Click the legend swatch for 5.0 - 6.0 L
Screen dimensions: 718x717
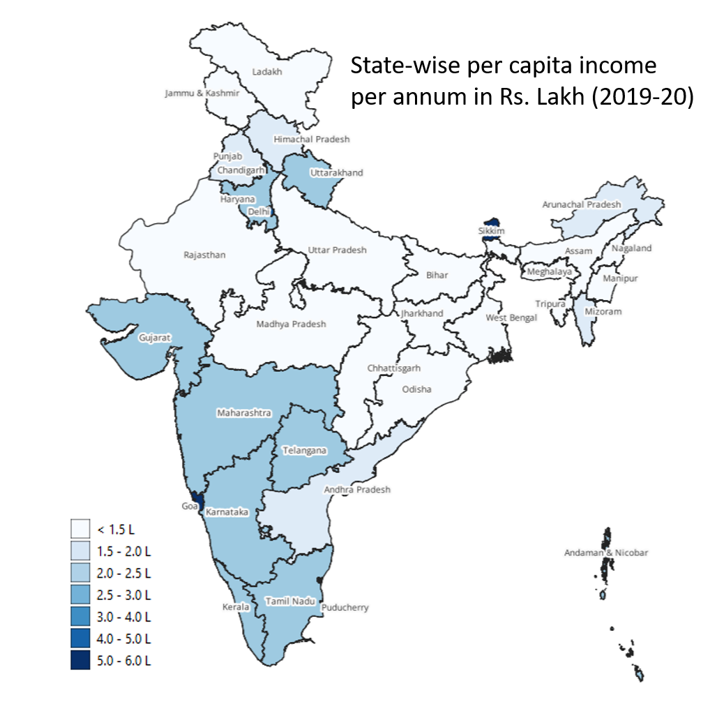[x=81, y=659]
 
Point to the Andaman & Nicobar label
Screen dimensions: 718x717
[x=606, y=553]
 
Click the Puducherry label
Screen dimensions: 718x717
[x=345, y=607]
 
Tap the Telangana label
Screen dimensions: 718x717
[x=304, y=450]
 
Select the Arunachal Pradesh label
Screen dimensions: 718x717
[x=581, y=204]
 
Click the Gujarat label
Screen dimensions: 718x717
[x=155, y=337]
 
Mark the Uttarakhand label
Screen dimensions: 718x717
[x=336, y=172]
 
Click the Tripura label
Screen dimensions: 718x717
[x=550, y=304]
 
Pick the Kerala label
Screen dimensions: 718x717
[x=236, y=606]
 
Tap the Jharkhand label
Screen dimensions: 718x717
[x=421, y=313]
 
